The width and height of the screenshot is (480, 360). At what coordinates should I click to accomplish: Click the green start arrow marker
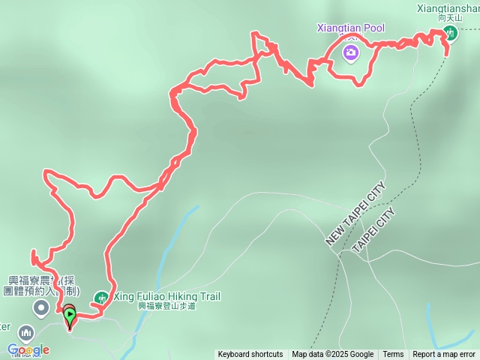point(69,316)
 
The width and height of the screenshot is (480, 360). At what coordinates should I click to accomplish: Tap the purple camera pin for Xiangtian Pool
point(350,52)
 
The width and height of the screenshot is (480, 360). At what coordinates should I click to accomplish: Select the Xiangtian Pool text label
point(351,28)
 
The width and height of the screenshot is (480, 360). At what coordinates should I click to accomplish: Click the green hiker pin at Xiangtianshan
point(450,32)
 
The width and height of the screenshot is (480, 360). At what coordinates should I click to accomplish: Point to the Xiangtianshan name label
point(448,9)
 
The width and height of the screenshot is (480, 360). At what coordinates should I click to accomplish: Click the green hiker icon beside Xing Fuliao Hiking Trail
point(102,297)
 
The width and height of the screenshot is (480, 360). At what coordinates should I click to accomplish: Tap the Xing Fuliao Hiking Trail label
point(166,296)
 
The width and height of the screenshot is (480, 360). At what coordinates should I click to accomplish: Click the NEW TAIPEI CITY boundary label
point(355,214)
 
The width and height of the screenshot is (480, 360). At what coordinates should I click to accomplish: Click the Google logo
point(28,349)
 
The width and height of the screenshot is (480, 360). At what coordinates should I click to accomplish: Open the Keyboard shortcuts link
point(250,355)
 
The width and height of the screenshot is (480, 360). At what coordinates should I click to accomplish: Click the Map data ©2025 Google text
point(333,355)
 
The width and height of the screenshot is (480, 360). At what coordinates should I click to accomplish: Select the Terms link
point(393,355)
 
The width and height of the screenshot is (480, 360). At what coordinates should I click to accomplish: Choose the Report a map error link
point(444,355)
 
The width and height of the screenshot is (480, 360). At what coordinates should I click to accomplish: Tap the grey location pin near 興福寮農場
point(41,307)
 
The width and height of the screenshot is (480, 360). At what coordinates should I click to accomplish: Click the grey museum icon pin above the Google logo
point(26,332)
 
